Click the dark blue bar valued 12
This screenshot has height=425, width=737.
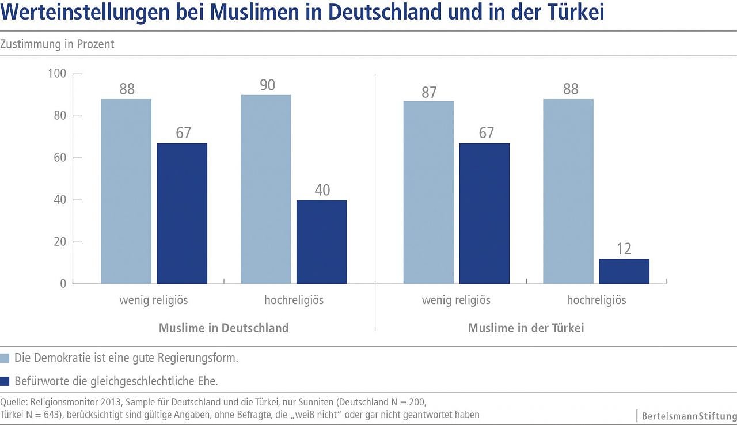[x=624, y=271]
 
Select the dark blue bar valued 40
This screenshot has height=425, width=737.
[x=322, y=242]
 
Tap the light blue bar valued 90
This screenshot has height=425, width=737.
[x=266, y=189]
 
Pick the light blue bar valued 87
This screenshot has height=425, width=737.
[x=428, y=192]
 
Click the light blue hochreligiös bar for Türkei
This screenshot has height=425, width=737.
[x=568, y=191]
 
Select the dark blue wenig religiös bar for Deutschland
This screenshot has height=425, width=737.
[x=182, y=213]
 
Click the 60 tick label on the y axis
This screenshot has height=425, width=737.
[x=60, y=158]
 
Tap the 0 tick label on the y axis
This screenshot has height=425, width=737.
[x=63, y=284]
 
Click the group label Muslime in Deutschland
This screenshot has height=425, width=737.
[x=223, y=328]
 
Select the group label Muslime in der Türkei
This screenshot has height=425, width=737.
[x=526, y=328]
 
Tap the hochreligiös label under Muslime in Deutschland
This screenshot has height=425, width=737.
[x=294, y=300]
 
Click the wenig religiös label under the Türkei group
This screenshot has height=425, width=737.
[x=456, y=300]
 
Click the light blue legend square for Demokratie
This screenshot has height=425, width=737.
[x=5, y=358]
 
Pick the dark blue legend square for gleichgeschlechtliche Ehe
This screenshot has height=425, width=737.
[x=5, y=381]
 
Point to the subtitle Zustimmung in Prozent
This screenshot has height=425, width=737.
[x=58, y=44]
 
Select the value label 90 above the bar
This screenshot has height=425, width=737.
[x=267, y=86]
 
